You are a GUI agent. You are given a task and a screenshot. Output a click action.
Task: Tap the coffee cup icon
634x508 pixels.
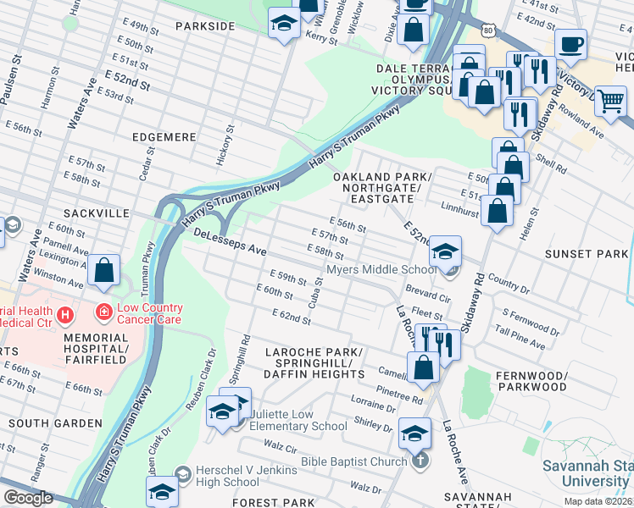[570, 43]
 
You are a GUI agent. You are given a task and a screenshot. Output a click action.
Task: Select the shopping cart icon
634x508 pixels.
[609, 101]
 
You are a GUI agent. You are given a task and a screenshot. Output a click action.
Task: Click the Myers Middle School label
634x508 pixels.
[381, 270]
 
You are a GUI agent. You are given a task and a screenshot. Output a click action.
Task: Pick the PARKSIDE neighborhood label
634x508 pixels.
[204, 27]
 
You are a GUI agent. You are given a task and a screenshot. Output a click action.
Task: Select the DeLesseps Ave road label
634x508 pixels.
[230, 243]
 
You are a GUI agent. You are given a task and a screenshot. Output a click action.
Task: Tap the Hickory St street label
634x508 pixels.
[229, 140]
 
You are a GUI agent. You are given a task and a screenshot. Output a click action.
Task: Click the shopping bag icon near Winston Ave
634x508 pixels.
[103, 271]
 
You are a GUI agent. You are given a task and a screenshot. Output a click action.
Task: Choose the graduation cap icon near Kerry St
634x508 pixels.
[283, 23]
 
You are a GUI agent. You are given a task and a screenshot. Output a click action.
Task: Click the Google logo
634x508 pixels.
[29, 498]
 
